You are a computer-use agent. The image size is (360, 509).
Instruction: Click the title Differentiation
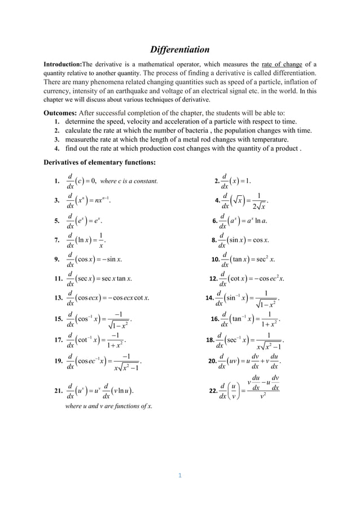tap(179, 50)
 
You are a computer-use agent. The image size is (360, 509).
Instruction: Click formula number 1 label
tap(56, 182)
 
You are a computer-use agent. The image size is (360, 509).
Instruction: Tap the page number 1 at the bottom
tap(179, 475)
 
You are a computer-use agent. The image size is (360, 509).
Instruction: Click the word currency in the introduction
tap(60, 92)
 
